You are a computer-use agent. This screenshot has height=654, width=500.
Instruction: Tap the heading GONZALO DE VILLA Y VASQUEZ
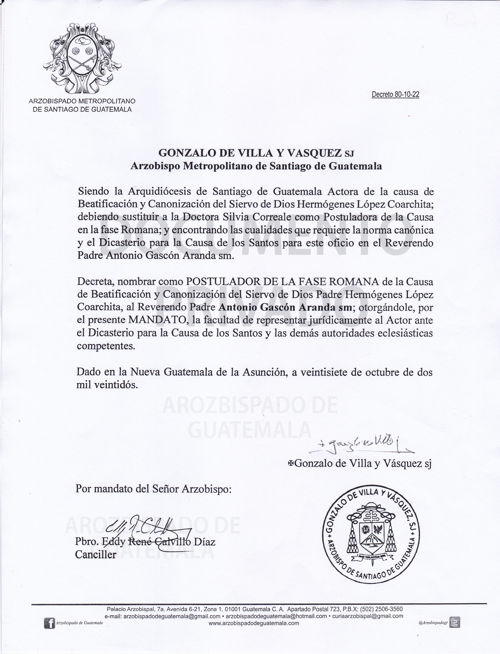[250, 153]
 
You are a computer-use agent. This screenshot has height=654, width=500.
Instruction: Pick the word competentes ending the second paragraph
[106, 346]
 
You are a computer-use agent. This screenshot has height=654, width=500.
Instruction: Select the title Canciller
[96, 554]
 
